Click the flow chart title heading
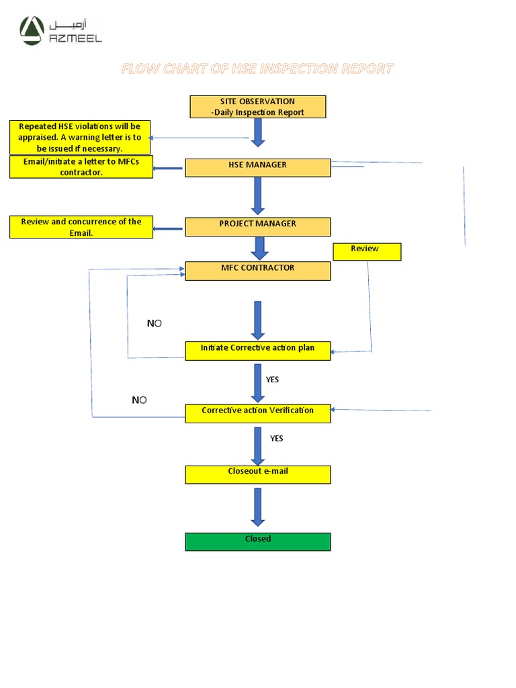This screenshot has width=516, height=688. (x=257, y=69)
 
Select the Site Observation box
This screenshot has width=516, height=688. (x=257, y=107)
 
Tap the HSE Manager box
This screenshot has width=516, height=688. (x=257, y=167)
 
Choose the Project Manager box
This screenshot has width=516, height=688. (x=257, y=226)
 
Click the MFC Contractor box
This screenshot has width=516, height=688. (x=257, y=271)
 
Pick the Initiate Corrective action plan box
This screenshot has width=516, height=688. (x=257, y=351)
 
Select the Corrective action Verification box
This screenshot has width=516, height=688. (x=257, y=413)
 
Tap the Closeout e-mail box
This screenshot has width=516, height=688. (x=257, y=474)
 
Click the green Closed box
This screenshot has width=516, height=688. (x=257, y=542)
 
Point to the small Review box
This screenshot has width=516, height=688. (x=367, y=251)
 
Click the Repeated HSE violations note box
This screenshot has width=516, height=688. (x=80, y=137)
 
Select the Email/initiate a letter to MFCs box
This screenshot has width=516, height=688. (x=81, y=167)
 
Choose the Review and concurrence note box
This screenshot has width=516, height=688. (x=81, y=227)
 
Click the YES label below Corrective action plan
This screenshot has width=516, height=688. (x=272, y=380)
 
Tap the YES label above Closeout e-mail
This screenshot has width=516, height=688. (x=276, y=438)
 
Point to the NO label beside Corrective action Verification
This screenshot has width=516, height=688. (x=139, y=400)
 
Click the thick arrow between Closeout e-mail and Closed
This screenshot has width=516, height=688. (x=258, y=507)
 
